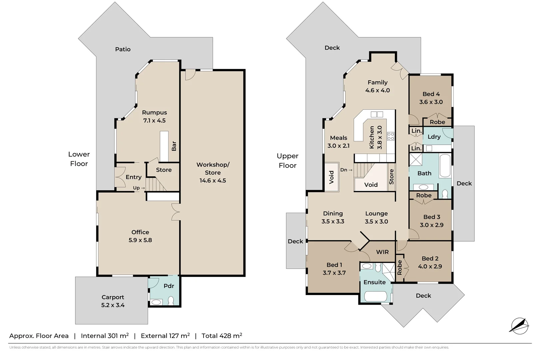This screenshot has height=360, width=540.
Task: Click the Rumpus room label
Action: [x=154, y=113]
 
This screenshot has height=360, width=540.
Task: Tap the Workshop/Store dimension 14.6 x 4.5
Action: [x=213, y=181]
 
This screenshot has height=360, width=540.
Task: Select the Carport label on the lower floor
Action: [x=113, y=297]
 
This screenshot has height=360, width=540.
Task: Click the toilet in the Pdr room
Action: [x=171, y=301]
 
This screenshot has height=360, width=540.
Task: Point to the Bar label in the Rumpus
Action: [x=174, y=146]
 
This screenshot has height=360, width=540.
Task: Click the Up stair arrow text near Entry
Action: [x=139, y=188]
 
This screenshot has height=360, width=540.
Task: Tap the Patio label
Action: [x=123, y=49]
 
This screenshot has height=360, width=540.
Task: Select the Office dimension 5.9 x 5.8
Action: [x=140, y=240]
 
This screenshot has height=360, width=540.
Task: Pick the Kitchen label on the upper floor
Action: [x=372, y=137]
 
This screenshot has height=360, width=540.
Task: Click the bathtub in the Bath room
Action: [x=445, y=165]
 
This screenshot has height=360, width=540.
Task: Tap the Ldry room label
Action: [x=434, y=137]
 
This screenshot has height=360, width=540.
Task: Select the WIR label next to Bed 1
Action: [x=382, y=252]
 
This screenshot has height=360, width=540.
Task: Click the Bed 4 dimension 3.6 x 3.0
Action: [x=431, y=102]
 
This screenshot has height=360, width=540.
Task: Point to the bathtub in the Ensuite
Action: [x=375, y=296]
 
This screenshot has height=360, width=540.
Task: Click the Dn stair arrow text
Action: [x=346, y=170]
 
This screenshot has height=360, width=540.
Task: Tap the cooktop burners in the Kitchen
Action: [x=391, y=136]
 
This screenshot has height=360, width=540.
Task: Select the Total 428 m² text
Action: [x=222, y=336]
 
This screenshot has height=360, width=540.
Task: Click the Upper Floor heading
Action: [x=287, y=161]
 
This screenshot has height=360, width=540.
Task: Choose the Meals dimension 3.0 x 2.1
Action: [x=338, y=146]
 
